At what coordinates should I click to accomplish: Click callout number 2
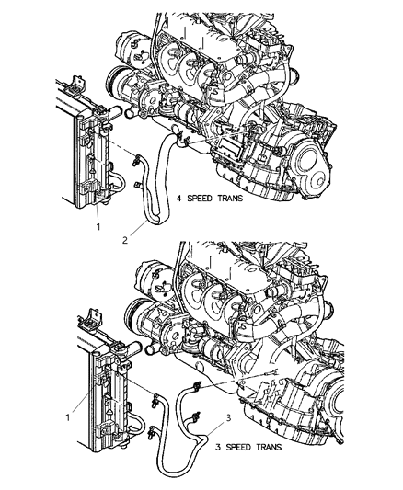tap(125, 240)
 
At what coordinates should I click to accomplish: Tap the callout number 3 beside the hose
tap(228, 417)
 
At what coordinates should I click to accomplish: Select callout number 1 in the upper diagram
tap(98, 227)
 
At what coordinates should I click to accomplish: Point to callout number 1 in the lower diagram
tap(67, 417)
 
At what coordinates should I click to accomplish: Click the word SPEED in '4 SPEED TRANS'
tap(200, 199)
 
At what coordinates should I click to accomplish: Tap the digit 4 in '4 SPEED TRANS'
tap(179, 199)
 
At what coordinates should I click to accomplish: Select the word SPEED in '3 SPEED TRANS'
tap(238, 447)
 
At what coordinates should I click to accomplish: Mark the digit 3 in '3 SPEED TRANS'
tap(218, 447)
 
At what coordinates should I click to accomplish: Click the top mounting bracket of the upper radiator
tap(76, 85)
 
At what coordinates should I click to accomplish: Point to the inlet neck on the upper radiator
tap(113, 112)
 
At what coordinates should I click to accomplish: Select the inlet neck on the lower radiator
tap(133, 348)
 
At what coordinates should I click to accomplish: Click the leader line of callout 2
tap(139, 228)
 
